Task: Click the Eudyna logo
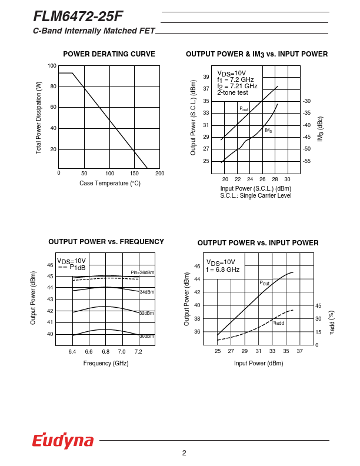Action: click(63, 441)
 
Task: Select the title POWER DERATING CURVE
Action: click(109, 54)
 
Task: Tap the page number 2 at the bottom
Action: click(184, 452)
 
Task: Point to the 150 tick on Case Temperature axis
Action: click(135, 174)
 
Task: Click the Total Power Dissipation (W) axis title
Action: click(39, 118)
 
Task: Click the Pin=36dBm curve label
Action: click(142, 272)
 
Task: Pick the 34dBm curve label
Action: click(146, 292)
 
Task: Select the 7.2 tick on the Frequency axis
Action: click(138, 352)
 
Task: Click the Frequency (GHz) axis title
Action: click(106, 364)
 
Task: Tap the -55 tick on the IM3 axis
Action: click(306, 161)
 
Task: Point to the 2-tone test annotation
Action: click(232, 92)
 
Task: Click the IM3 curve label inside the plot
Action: click(268, 131)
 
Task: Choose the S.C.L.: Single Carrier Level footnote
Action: click(255, 195)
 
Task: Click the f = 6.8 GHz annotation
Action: click(222, 269)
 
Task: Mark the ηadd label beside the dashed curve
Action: click(278, 322)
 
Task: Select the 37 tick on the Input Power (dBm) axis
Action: click(299, 351)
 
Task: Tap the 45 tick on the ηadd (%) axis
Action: click(318, 306)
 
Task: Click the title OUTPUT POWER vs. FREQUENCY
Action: click(106, 242)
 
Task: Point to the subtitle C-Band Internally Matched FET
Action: click(94, 31)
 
